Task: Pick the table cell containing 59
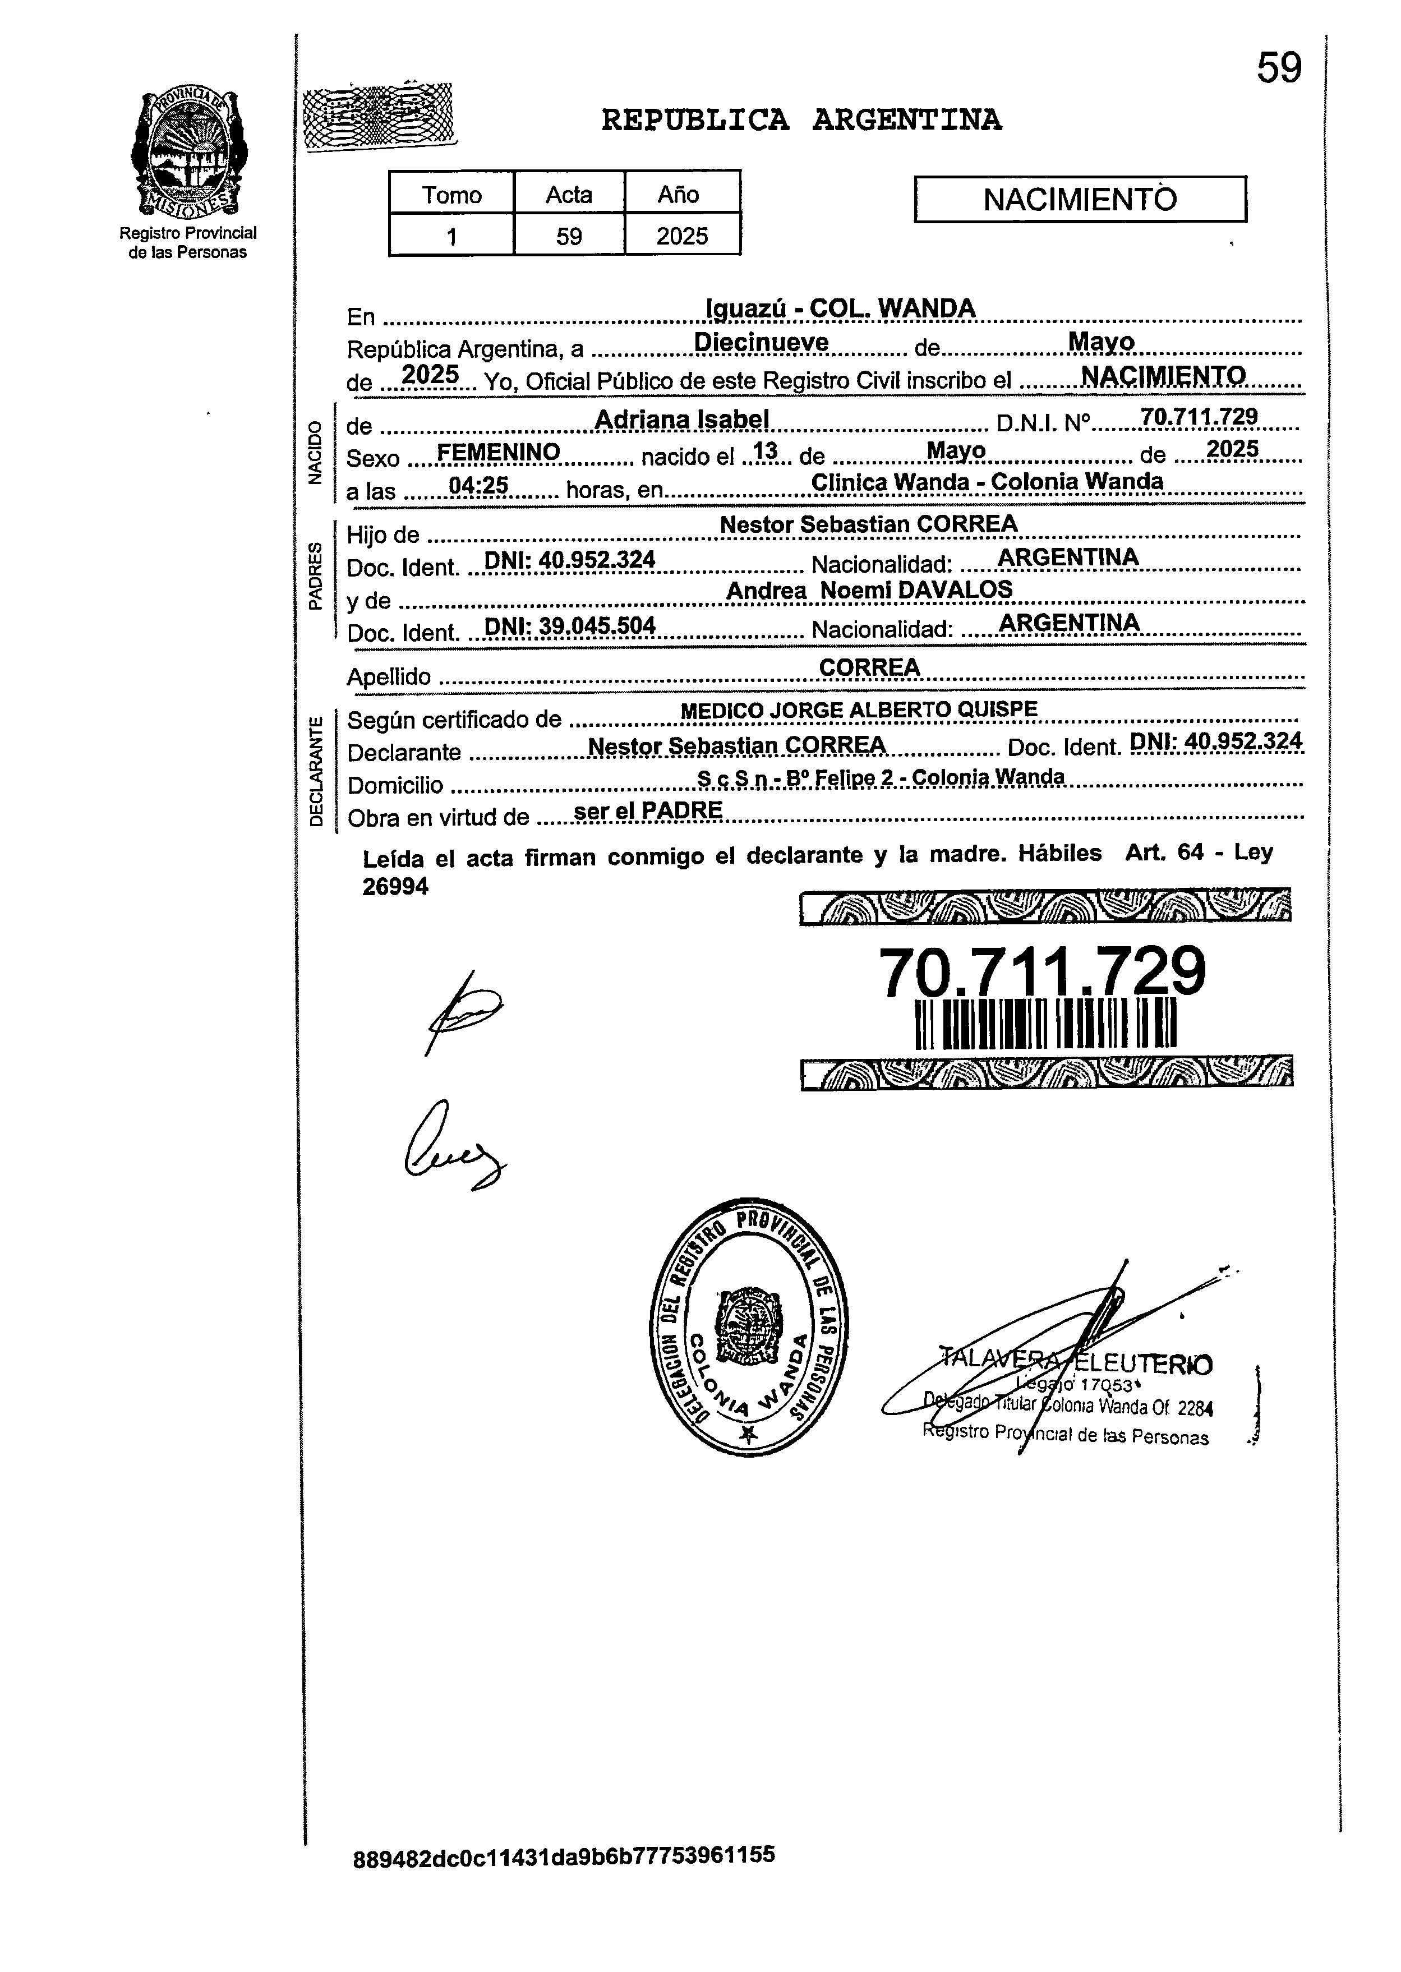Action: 569,236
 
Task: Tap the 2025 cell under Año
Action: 681,236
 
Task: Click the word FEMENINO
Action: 499,452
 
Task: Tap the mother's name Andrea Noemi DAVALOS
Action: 869,590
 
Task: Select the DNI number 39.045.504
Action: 569,625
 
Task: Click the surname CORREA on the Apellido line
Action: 869,667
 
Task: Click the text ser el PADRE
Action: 648,810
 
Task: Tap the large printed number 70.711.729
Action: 1041,971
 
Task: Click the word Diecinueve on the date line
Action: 761,343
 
